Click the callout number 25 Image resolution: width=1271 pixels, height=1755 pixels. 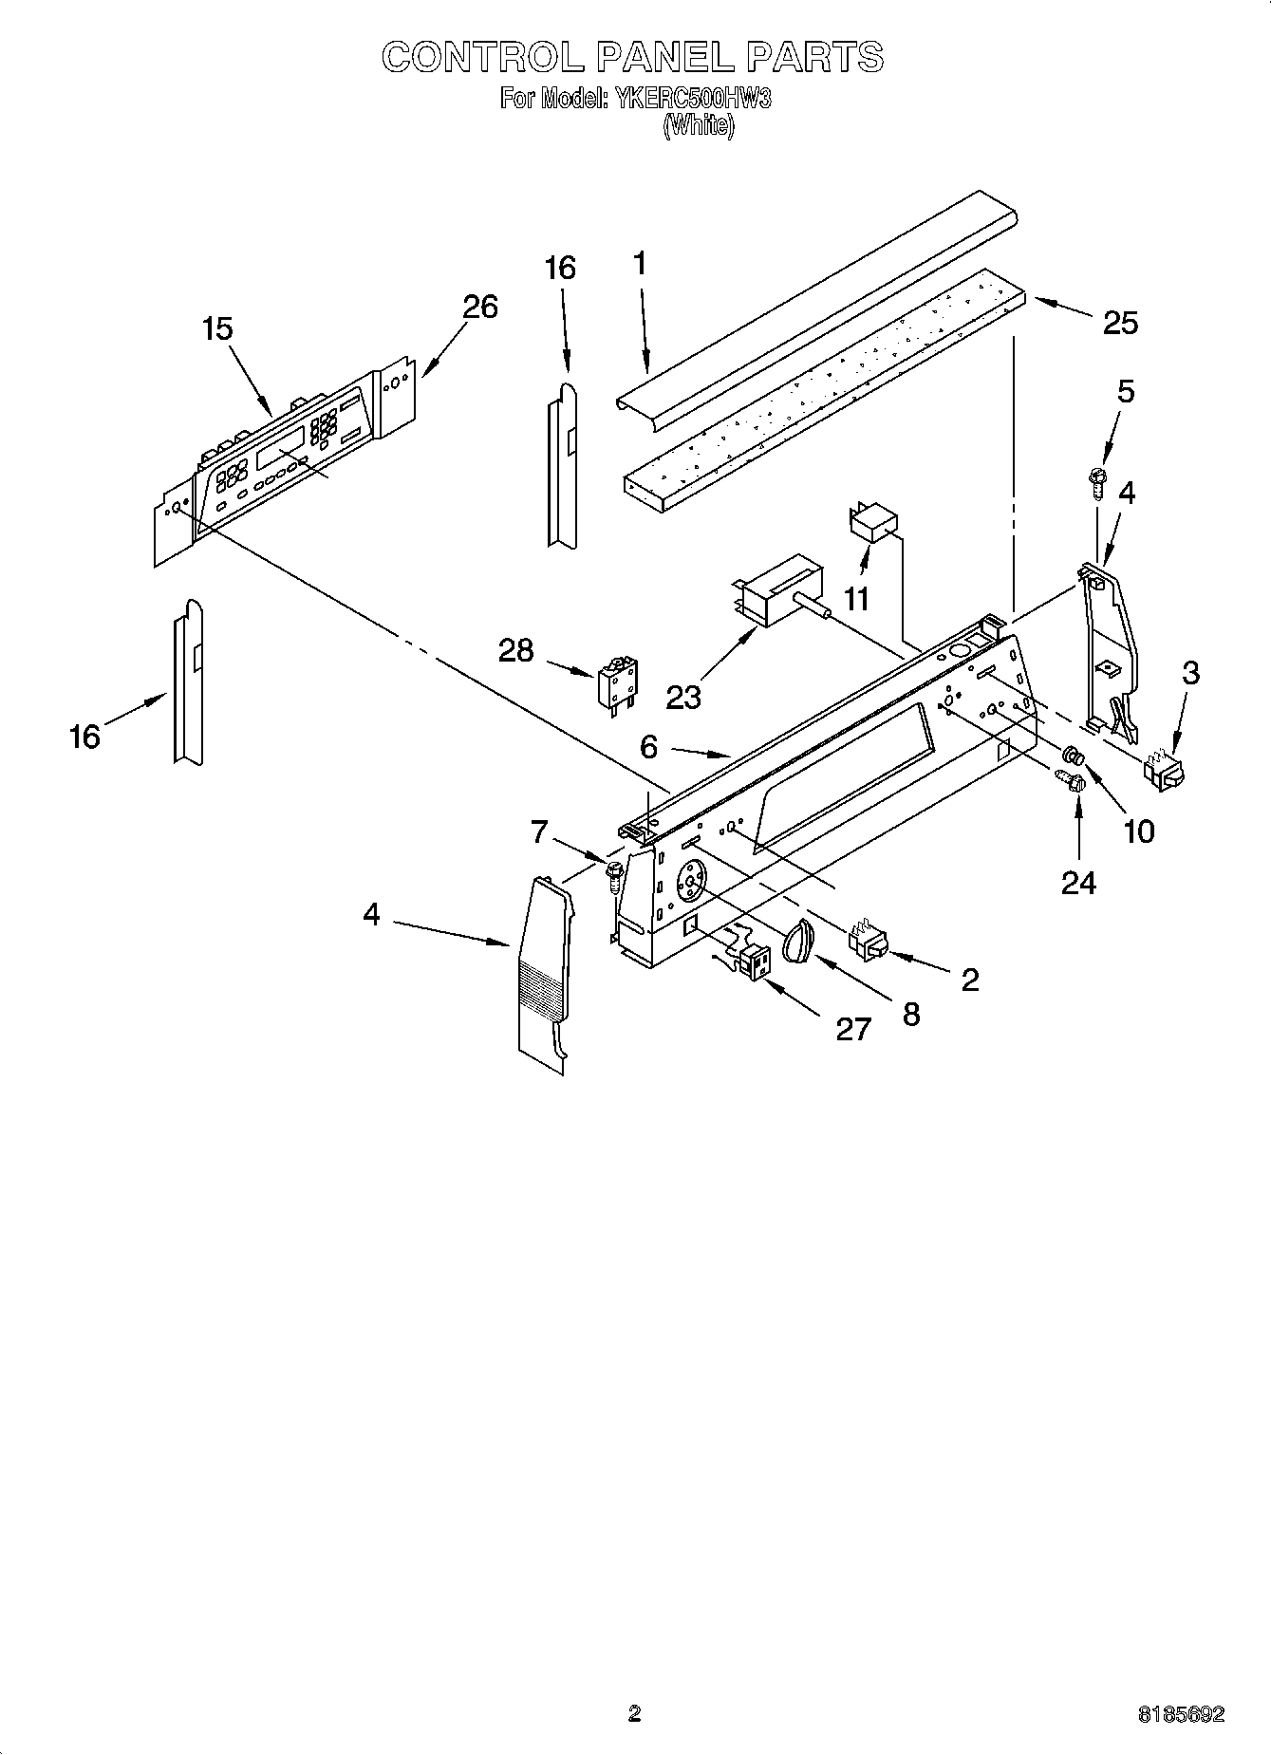[1120, 323]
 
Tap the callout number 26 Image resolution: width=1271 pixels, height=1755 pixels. [480, 307]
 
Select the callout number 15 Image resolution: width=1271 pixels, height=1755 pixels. [217, 329]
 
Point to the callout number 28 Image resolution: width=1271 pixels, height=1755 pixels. [516, 650]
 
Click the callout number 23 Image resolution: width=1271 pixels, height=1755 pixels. [682, 697]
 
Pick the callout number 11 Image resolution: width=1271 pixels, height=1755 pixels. [858, 599]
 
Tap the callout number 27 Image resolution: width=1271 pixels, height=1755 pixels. [852, 1028]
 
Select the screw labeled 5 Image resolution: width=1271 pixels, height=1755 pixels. [1098, 481]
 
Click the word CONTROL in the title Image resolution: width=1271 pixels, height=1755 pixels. [482, 58]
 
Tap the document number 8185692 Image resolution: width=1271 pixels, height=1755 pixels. [1181, 1714]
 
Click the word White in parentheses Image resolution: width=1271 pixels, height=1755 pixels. [698, 126]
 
